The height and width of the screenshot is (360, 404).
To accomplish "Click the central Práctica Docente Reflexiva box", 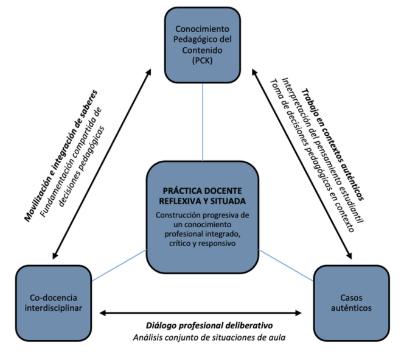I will coord(202,216).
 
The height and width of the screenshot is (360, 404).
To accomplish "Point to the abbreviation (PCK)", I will coord(202,61).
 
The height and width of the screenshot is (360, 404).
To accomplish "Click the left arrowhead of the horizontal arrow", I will coord(103,313).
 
